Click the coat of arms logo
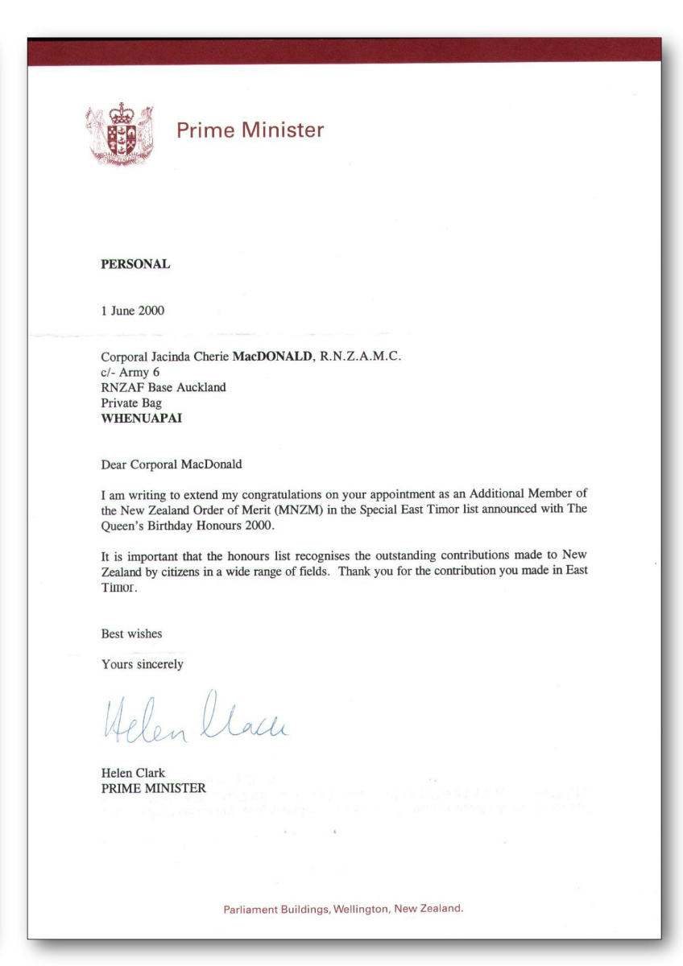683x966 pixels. [x=119, y=134]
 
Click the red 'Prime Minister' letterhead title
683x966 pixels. [x=250, y=130]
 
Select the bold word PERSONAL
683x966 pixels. [x=135, y=264]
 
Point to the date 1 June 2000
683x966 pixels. [x=133, y=312]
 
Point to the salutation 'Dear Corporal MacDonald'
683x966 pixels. [x=172, y=464]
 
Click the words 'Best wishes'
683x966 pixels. [x=131, y=634]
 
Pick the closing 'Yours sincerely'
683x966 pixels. [x=143, y=664]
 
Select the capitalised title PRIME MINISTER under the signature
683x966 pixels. [x=154, y=788]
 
